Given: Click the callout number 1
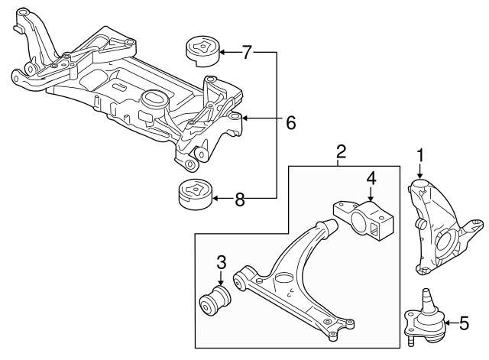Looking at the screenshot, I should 419,156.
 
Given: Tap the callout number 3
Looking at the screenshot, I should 221,262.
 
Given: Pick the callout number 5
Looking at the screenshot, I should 464,324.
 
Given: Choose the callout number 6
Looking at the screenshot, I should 290,121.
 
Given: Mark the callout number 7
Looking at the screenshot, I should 246,53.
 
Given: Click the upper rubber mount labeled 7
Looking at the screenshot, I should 199,52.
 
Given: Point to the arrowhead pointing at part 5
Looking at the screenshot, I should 442,324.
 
